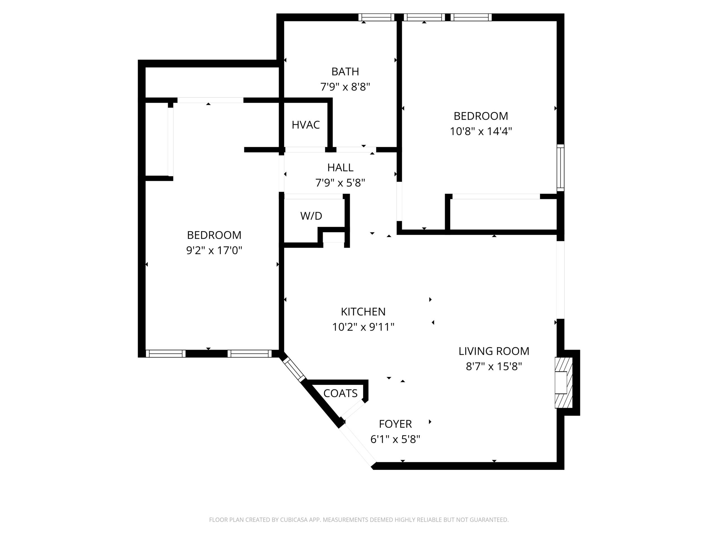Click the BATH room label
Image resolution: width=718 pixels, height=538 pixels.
click(345, 71)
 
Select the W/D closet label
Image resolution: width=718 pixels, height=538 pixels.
click(311, 216)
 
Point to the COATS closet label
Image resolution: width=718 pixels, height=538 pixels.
click(340, 393)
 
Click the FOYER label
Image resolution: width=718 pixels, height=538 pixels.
click(395, 424)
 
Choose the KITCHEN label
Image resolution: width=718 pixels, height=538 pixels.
click(363, 312)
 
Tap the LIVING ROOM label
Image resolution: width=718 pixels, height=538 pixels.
click(494, 351)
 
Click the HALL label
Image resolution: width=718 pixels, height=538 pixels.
click(340, 167)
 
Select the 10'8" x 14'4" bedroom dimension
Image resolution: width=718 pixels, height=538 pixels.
click(481, 131)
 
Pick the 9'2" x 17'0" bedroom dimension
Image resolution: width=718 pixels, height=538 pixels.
click(214, 250)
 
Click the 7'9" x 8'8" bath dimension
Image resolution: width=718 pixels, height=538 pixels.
click(345, 87)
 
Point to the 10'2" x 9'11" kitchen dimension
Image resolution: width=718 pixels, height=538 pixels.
click(363, 327)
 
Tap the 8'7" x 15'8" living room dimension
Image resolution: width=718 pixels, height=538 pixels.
click(494, 367)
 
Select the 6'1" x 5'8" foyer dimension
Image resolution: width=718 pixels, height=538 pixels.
click(395, 439)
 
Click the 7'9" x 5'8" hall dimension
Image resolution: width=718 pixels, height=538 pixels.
click(340, 183)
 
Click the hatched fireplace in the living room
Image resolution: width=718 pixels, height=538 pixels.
click(563, 383)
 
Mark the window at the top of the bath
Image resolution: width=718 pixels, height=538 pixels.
click(376, 17)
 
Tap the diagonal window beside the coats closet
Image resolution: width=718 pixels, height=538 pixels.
click(293, 369)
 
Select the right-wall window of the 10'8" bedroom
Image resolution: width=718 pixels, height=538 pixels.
click(561, 168)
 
